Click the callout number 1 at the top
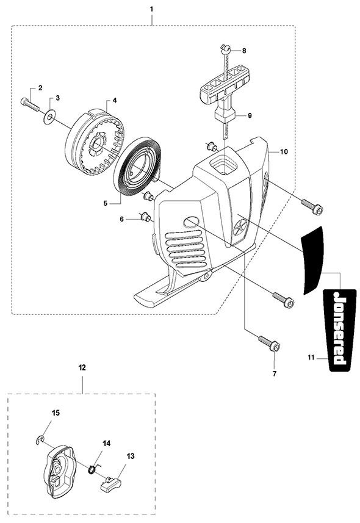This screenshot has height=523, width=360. coord(151,9)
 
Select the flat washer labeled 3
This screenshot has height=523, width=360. coord(49,117)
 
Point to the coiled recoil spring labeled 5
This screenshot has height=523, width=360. coord(138,165)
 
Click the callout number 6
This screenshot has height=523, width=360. coord(122,219)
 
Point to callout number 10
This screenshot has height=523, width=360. coord(284,152)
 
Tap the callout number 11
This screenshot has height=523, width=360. coord(311,358)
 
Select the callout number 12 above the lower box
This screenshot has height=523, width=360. coord(82,367)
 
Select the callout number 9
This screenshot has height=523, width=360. coord(250,115)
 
